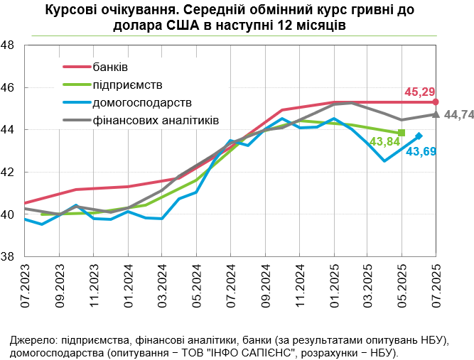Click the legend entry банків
coord(110,67)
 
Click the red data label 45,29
coord(419,92)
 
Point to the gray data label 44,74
coord(458,114)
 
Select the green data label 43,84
coord(383,143)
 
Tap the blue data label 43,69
coord(421,151)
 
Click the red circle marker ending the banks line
coord(436,102)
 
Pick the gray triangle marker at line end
coord(436,114)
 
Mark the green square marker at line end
coord(402,133)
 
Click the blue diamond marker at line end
coord(419,136)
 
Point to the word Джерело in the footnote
coord(33,340)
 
